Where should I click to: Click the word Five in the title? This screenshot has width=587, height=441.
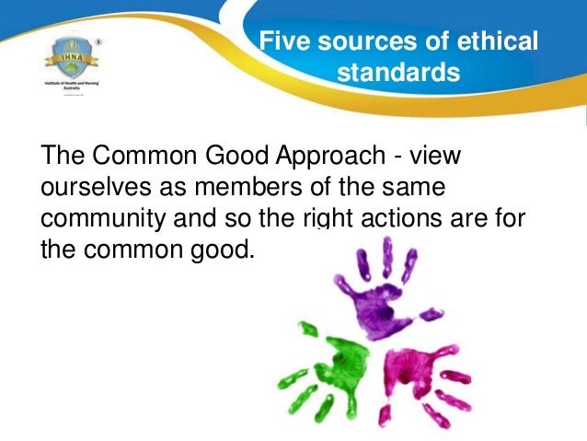pos(282,41)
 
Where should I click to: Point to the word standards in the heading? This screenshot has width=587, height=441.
pos(397,71)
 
